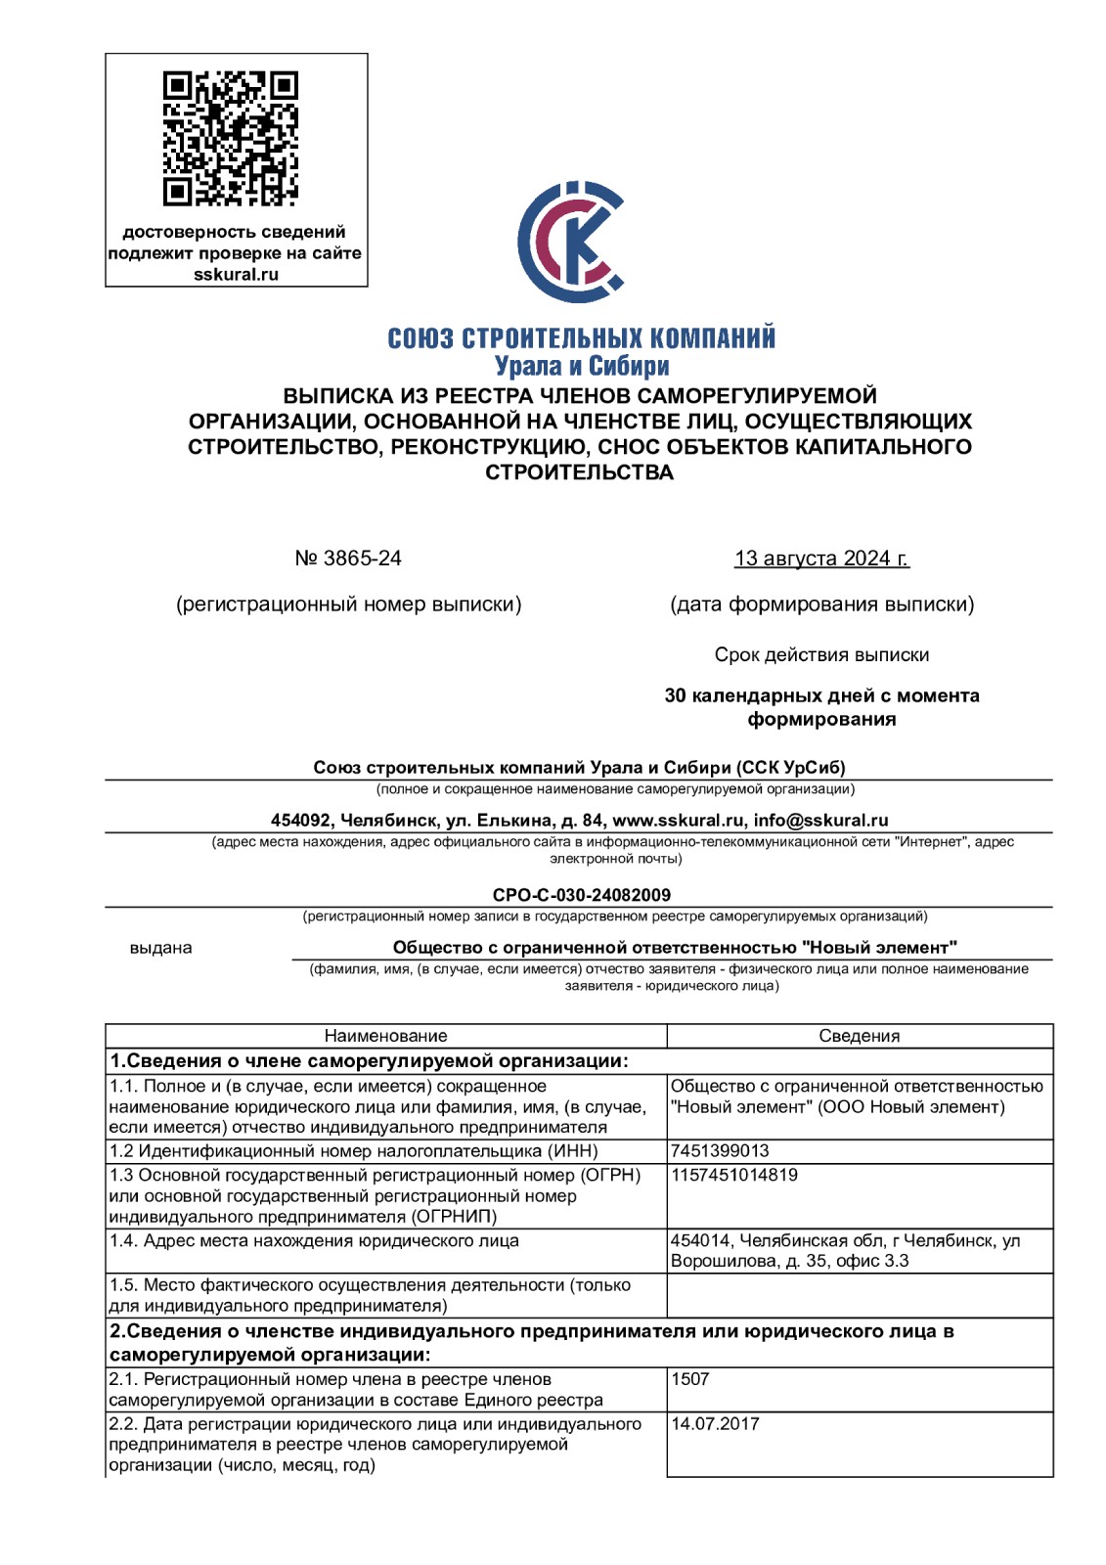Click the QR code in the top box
231,138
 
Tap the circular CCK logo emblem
571,242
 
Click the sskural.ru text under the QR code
236,275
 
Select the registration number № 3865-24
348,559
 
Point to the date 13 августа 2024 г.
821,559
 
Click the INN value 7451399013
720,1151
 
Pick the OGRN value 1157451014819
734,1175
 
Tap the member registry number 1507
690,1379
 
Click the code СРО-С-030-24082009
582,895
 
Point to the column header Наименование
385,1036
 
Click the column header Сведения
859,1036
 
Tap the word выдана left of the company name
161,948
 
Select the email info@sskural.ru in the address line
821,821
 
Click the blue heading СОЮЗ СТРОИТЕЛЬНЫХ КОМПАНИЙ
582,338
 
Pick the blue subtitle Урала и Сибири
582,367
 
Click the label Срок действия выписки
821,655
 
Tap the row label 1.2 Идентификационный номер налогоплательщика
354,1151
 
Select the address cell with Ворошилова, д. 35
845,1251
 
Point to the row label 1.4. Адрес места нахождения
314,1241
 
